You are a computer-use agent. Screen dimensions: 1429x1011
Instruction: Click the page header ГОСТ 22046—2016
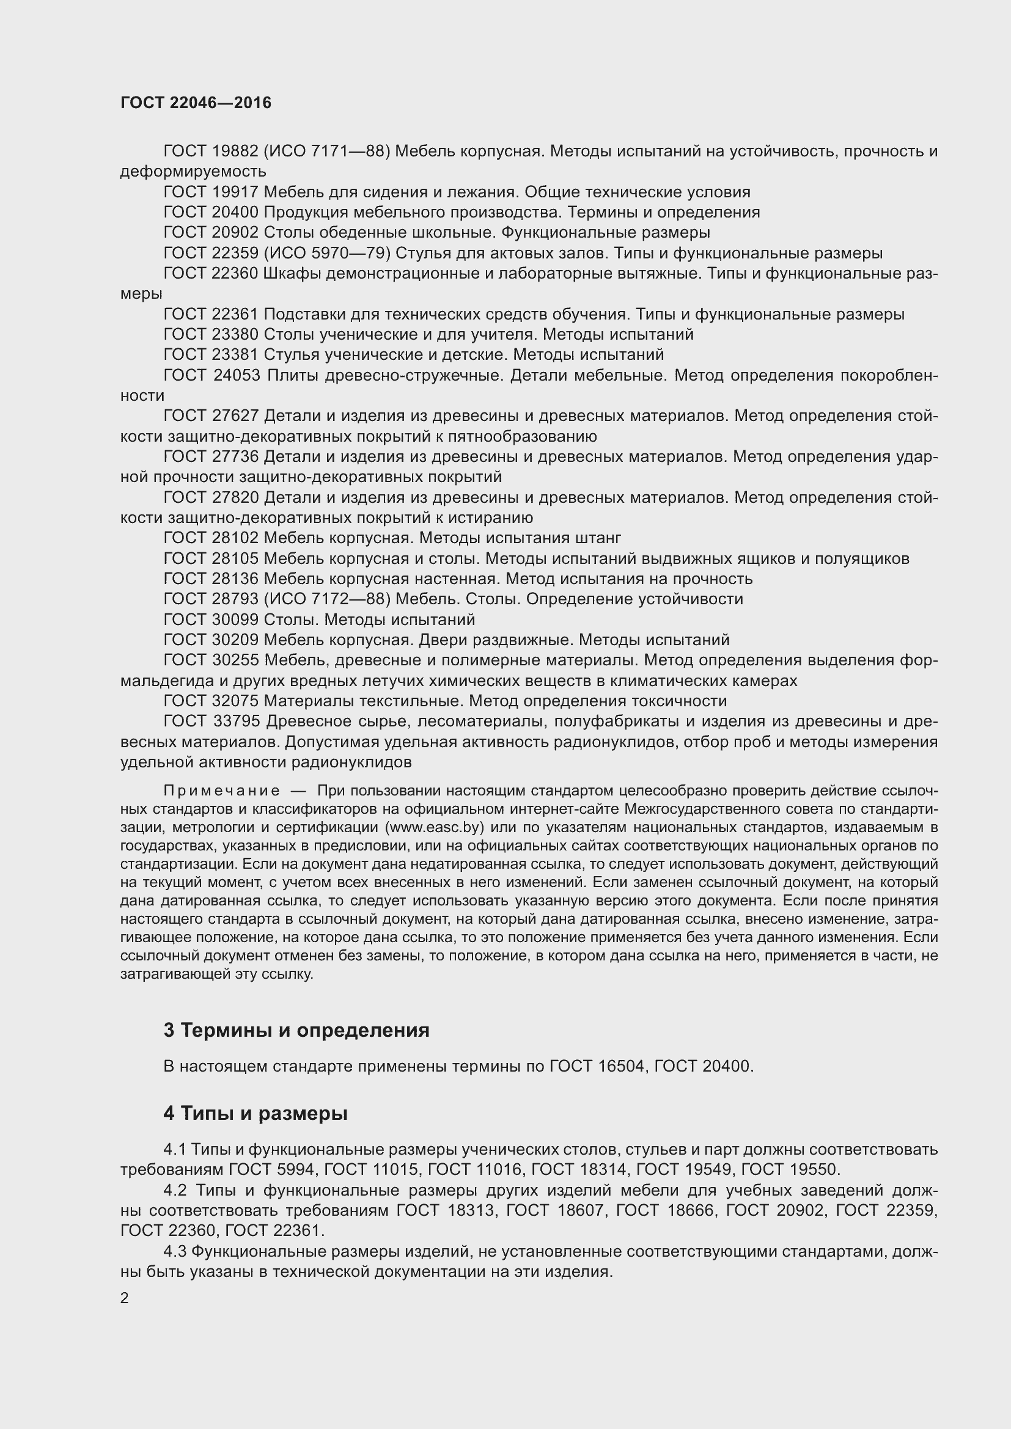click(196, 103)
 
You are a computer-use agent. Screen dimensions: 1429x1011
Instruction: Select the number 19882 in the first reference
click(235, 152)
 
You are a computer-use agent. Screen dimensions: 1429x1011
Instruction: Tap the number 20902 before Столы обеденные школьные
click(235, 233)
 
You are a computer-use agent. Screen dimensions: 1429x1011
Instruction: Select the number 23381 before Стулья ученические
click(235, 355)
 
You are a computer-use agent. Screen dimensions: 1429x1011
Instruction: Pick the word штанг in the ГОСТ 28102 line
click(601, 538)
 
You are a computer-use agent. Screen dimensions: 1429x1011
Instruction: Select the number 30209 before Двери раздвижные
click(235, 640)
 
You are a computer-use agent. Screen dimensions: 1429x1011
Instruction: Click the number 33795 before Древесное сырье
click(236, 722)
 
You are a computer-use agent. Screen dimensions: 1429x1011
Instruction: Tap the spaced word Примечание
click(222, 791)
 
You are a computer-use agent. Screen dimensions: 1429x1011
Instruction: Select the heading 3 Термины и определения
click(296, 1030)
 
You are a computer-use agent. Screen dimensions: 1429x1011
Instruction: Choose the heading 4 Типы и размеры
click(256, 1113)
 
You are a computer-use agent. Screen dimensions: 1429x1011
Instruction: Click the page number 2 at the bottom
click(125, 1298)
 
